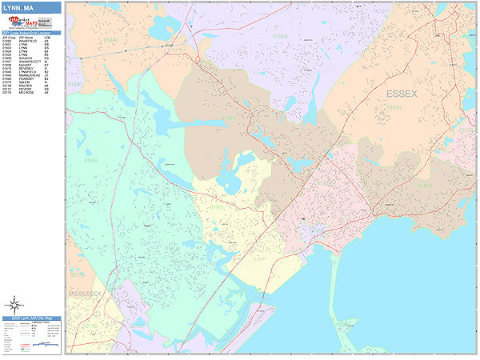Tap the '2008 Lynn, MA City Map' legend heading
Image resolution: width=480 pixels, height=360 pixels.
[x=32, y=318]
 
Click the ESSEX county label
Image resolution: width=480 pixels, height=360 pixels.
[x=402, y=94]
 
